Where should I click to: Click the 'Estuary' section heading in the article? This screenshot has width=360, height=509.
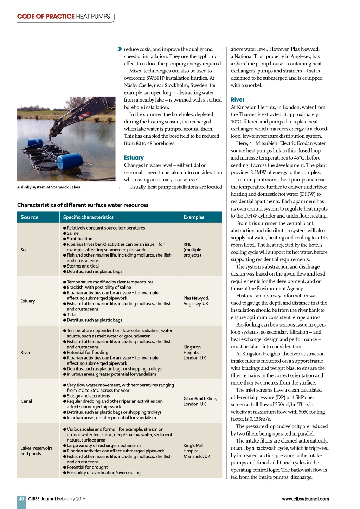(x=134, y=158)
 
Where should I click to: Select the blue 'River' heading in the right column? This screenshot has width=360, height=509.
(x=238, y=100)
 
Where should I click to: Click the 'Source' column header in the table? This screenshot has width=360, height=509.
(x=30, y=217)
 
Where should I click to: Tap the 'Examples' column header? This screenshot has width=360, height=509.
(x=194, y=217)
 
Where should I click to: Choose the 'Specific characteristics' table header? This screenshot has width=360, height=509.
(x=88, y=217)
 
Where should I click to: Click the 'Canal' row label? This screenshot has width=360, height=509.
(x=26, y=401)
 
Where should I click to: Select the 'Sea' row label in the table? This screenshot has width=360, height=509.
(x=24, y=250)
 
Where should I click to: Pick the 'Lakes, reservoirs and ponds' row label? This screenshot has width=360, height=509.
(x=36, y=451)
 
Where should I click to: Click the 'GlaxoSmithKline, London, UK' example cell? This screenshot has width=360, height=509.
(x=200, y=401)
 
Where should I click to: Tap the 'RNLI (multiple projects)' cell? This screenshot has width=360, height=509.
(x=192, y=250)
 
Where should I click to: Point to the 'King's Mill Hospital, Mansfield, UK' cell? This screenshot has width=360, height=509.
(x=197, y=451)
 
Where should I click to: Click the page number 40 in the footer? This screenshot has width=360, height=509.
(x=21, y=499)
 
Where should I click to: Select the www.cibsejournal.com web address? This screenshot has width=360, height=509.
(x=305, y=499)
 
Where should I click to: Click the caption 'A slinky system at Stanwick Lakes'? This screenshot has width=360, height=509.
(x=49, y=187)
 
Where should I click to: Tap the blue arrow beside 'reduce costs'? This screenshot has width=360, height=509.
(x=120, y=49)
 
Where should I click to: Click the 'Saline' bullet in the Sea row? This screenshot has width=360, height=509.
(x=72, y=233)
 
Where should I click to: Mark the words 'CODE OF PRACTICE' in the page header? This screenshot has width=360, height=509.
(x=46, y=17)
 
